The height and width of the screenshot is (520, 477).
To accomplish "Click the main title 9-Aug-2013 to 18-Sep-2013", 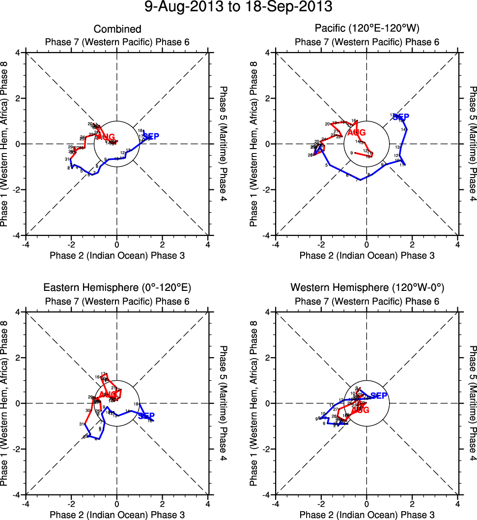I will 238,7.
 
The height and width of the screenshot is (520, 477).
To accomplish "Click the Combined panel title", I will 117,29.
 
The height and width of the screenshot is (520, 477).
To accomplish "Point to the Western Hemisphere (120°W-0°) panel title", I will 367,287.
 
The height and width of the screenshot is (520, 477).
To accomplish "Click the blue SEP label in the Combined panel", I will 150,136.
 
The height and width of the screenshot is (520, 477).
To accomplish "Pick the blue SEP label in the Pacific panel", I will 401,117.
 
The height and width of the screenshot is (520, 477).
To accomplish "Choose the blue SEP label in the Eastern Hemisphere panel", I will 146,416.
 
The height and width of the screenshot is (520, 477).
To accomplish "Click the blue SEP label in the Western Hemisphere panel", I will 379,395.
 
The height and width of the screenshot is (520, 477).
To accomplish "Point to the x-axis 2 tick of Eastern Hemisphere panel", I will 163,503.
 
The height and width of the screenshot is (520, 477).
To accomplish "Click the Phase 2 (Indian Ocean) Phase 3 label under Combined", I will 117,255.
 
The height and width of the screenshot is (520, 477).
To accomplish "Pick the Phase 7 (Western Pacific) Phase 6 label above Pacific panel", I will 367,42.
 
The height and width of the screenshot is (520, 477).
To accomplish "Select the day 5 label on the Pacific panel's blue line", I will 326,165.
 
